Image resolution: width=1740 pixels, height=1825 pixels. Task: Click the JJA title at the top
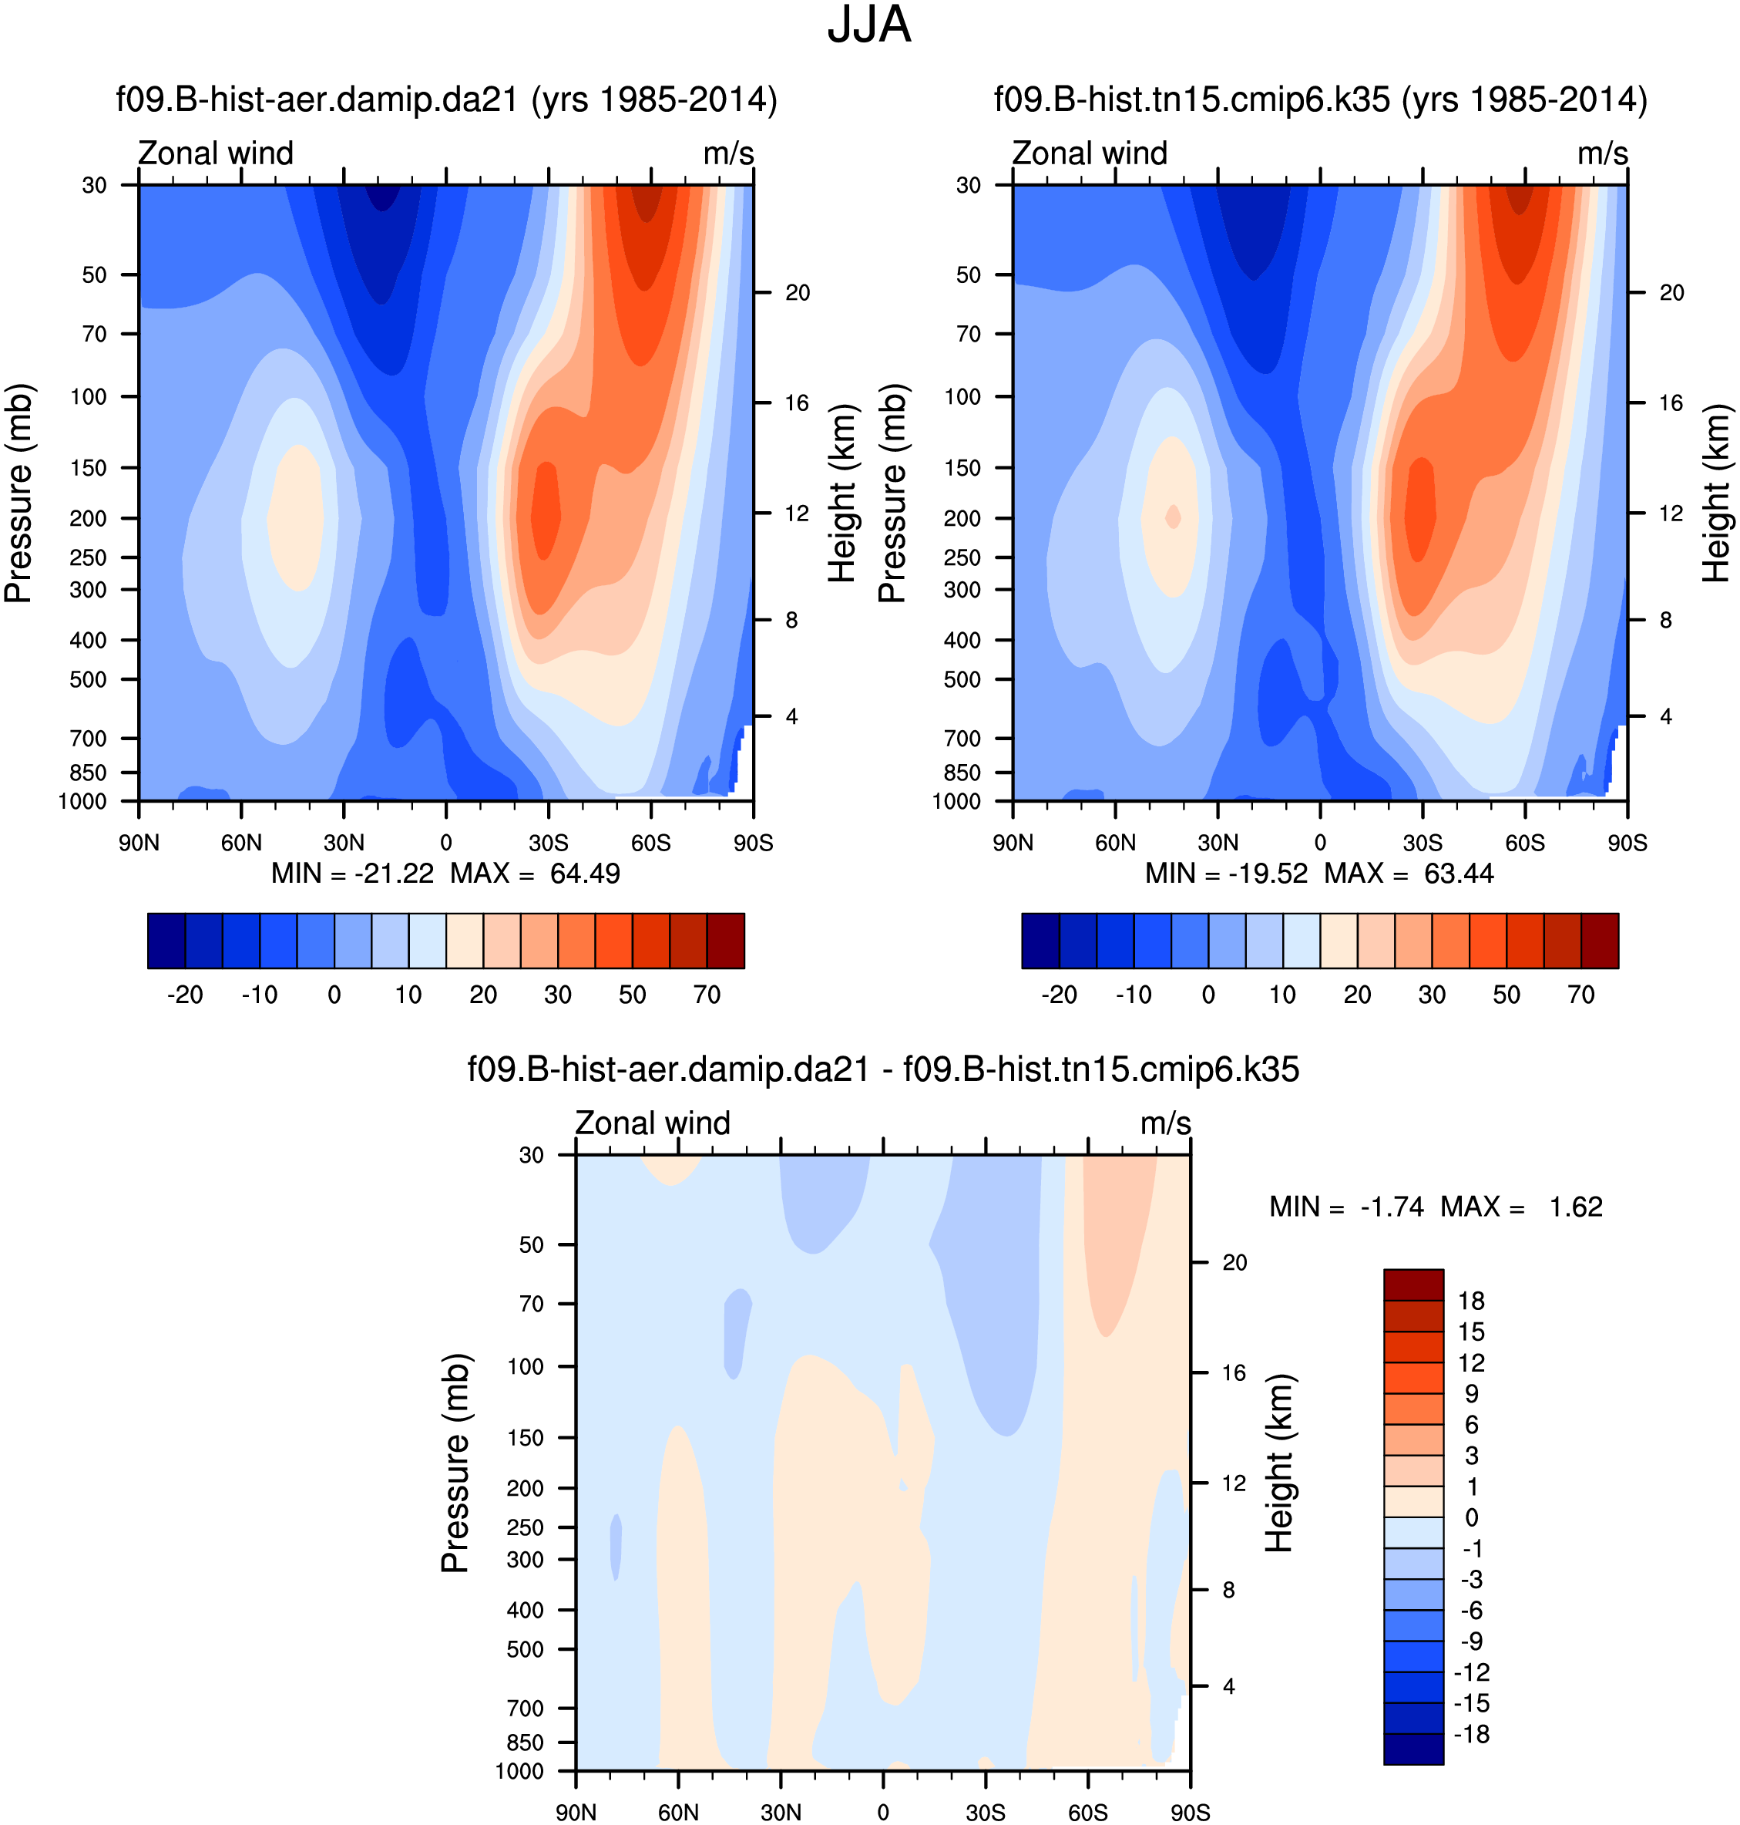click(x=868, y=25)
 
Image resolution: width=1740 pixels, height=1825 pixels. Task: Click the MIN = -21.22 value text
click(x=351, y=873)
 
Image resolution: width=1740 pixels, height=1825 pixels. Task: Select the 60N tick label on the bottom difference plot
click(x=678, y=1812)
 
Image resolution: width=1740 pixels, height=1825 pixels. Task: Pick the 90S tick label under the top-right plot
click(x=1627, y=843)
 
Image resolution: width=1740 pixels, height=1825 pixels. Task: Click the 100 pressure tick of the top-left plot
click(x=89, y=396)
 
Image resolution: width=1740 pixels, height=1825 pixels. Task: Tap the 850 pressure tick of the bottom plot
click(x=525, y=1743)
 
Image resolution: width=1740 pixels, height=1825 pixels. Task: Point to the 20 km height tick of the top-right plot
click(x=1671, y=292)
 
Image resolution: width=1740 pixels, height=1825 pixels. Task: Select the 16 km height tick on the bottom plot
click(x=1234, y=1373)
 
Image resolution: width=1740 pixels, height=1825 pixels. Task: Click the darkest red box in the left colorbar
click(x=725, y=941)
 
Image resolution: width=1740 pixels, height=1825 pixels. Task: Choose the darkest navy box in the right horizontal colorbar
click(x=1040, y=941)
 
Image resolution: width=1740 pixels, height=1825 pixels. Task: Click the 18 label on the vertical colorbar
click(x=1471, y=1301)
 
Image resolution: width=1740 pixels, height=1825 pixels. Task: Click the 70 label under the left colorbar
click(x=707, y=995)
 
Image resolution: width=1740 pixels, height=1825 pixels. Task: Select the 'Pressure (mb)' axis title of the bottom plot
click(x=455, y=1463)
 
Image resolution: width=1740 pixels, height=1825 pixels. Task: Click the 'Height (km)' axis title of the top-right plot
click(x=1716, y=493)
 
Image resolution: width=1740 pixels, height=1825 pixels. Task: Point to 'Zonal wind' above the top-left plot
click(x=215, y=153)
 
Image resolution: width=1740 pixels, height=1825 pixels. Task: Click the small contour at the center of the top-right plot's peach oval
click(x=1174, y=517)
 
